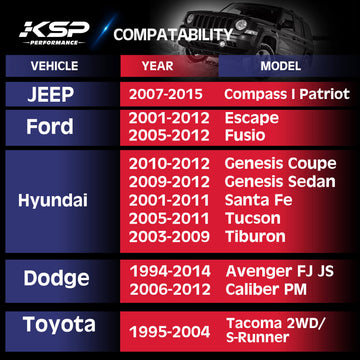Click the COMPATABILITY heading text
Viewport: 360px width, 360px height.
(172, 35)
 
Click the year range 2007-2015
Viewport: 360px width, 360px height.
(167, 94)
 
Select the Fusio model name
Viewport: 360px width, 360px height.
(245, 135)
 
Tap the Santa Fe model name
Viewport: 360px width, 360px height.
(254, 200)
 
